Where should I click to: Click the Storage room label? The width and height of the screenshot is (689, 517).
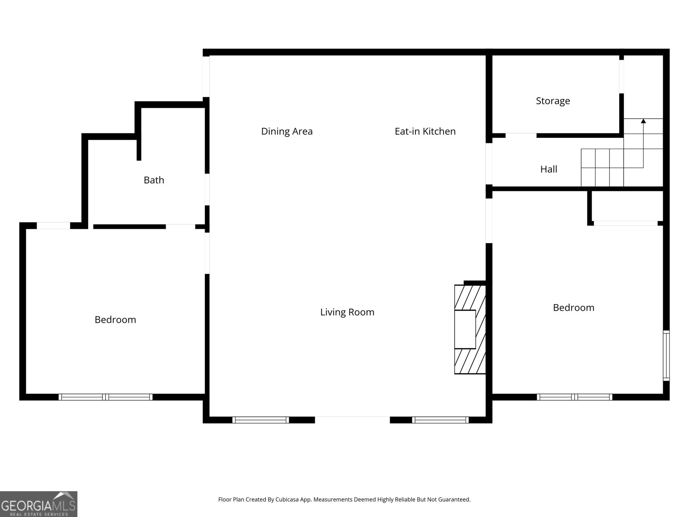coord(552,101)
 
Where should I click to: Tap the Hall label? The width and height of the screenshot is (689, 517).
coord(549,169)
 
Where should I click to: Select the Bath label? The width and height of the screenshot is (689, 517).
coord(154,180)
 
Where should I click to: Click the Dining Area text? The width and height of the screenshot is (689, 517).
coord(287,131)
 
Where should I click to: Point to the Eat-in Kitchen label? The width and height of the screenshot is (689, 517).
coord(425,131)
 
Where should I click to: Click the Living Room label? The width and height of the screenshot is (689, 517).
coord(347,312)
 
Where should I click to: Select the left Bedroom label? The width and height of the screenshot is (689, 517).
coord(115,320)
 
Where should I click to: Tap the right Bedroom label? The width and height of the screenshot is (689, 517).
coord(573,308)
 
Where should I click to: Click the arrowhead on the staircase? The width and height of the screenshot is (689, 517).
coord(643,121)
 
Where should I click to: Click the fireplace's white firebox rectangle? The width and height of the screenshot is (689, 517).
coord(465,329)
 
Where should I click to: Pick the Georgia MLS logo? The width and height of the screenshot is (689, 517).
coord(38,504)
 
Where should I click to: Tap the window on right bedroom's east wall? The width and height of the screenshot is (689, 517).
coord(666,355)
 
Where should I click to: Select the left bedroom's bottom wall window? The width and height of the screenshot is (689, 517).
coord(106,397)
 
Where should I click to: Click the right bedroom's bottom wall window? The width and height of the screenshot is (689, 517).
coord(574,397)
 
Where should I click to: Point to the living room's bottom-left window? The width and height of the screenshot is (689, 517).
coord(261,420)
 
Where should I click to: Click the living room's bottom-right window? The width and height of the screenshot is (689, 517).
coord(440,420)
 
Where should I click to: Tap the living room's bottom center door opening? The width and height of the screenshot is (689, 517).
coord(352,419)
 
